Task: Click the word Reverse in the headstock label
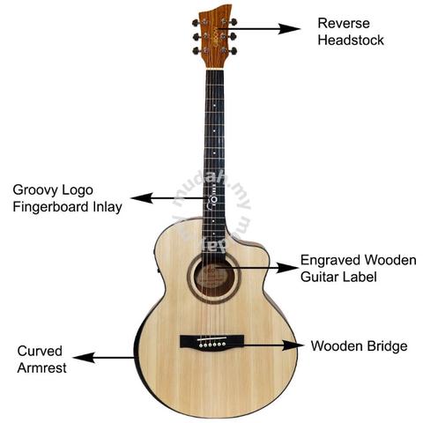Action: [344, 24]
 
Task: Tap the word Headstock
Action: [351, 41]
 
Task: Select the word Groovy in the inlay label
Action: [35, 191]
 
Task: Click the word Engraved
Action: [330, 261]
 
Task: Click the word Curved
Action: [40, 351]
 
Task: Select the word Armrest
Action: [41, 367]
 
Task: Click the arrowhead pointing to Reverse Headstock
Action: [289, 29]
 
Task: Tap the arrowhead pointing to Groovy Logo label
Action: [142, 198]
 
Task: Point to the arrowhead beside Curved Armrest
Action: [84, 358]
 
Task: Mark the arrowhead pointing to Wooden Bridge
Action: [293, 345]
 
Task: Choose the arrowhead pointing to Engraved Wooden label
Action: [287, 268]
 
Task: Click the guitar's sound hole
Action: [214, 278]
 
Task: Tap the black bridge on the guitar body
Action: [211, 342]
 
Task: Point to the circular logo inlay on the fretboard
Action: [214, 200]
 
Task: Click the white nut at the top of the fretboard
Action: [215, 69]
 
